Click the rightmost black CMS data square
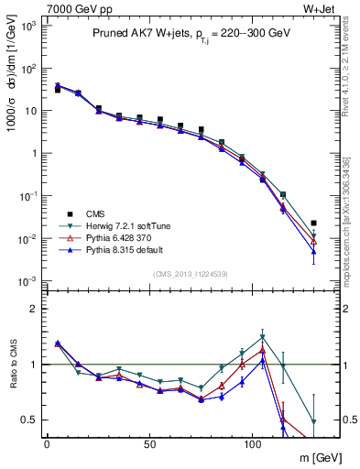tap(314, 223)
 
